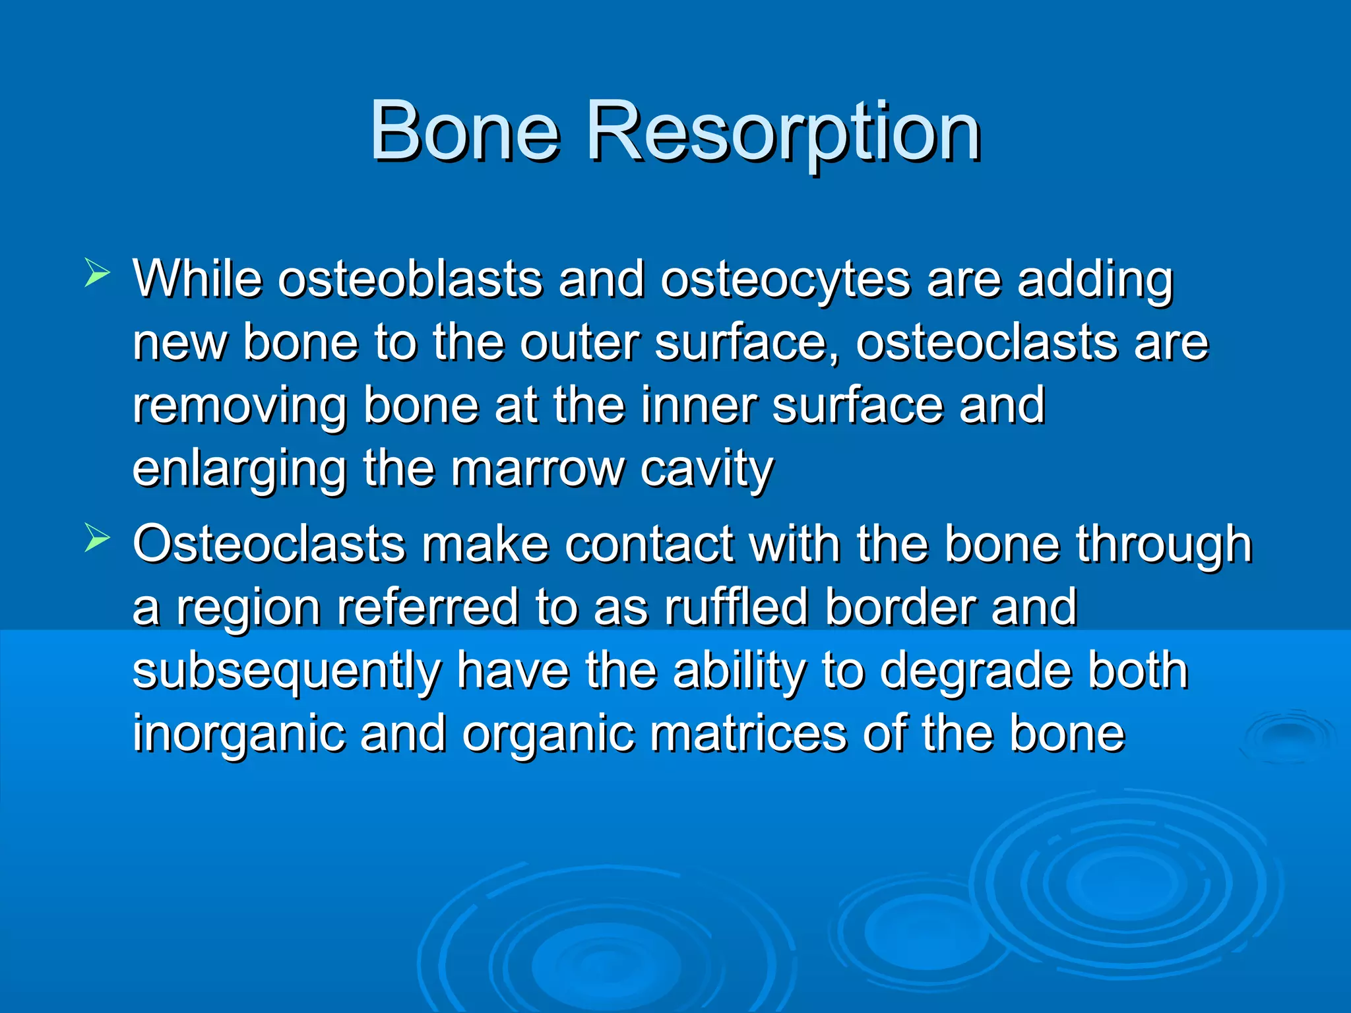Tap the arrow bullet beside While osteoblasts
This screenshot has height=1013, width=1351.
(x=97, y=273)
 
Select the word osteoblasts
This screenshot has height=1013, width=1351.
(x=410, y=280)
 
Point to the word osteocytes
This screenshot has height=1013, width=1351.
(x=786, y=280)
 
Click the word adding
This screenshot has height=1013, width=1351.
(x=1095, y=280)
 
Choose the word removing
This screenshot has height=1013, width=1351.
(x=239, y=406)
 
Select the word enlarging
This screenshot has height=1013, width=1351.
(x=239, y=470)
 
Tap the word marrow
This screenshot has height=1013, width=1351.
(x=538, y=470)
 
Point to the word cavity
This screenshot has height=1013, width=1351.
(x=707, y=470)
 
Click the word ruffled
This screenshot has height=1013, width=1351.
(x=736, y=607)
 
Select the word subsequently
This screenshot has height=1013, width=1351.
(x=286, y=671)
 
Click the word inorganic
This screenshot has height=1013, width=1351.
(x=238, y=733)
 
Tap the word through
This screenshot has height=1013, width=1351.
(x=1164, y=545)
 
